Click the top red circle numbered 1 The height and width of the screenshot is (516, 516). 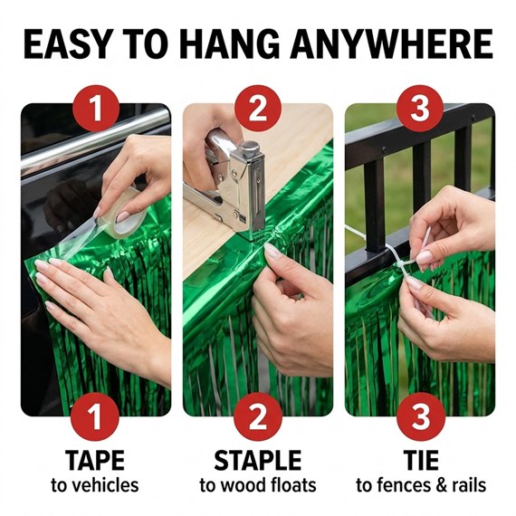tap(95, 108)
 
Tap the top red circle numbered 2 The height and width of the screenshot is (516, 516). tap(258, 108)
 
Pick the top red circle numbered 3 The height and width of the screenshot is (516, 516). tap(420, 108)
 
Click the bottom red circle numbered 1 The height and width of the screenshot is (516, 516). tap(95, 417)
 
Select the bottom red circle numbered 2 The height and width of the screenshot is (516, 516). tap(258, 417)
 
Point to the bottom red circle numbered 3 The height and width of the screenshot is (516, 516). tap(421, 417)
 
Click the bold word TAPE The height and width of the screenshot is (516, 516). tap(95, 461)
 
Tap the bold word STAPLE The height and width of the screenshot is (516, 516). tap(258, 461)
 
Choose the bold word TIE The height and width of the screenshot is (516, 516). tap(421, 461)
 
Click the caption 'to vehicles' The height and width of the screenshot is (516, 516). tap(95, 485)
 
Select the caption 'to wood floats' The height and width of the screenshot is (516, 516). tap(258, 485)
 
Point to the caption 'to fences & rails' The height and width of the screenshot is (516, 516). tap(421, 485)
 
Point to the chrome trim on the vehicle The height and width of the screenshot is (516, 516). tap(95, 141)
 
